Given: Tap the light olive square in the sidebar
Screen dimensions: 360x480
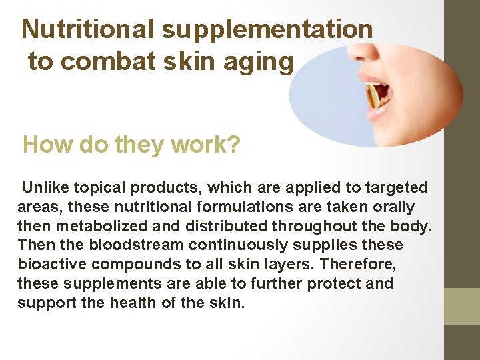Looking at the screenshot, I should (x=463, y=306).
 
